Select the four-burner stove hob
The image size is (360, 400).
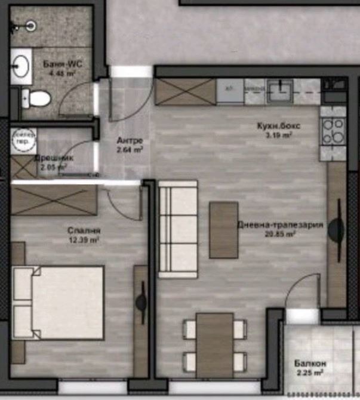[x=333, y=131]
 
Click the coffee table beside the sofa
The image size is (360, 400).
[x=223, y=230]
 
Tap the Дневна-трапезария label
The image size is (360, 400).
[x=280, y=226]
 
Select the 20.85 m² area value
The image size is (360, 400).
[x=281, y=235]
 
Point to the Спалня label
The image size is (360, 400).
[x=84, y=231]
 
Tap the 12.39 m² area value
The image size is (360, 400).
[x=84, y=240]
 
